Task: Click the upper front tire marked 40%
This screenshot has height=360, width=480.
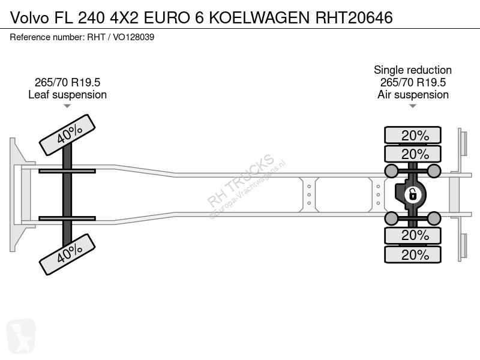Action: [67, 135]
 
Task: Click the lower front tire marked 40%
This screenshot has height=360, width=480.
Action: [67, 254]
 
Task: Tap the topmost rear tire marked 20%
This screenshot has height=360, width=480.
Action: [413, 135]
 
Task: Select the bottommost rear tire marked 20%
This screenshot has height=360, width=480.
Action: [413, 254]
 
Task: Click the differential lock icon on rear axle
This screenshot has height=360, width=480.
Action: [412, 194]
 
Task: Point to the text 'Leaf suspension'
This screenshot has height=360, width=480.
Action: [67, 95]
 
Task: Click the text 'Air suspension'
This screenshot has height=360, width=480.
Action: [413, 95]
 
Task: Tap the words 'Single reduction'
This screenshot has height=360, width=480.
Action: [413, 70]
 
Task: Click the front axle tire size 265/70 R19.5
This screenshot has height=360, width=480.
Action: [67, 82]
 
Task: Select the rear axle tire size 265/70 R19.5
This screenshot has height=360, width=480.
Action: [413, 82]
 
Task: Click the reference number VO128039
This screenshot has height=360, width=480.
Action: [133, 37]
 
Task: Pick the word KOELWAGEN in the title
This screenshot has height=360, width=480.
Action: [260, 17]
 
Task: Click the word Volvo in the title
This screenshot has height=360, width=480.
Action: [29, 17]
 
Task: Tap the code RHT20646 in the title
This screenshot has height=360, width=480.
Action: [354, 17]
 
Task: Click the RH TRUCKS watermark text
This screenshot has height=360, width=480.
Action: [241, 181]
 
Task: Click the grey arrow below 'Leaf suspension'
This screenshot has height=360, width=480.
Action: [67, 106]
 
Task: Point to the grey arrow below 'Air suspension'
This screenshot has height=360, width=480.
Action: [413, 106]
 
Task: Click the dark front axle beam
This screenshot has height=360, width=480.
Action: [67, 194]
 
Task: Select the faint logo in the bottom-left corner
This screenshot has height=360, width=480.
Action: [21, 336]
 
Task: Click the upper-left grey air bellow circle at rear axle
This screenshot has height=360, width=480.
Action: [391, 171]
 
